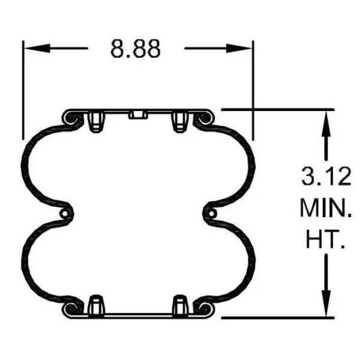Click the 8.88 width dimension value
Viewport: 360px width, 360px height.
coord(135,48)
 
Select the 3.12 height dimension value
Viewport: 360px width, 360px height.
coord(325,178)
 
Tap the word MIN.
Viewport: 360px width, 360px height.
coord(325,210)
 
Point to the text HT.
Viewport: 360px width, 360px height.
coord(325,242)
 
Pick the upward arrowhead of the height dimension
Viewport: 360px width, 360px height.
coord(326,120)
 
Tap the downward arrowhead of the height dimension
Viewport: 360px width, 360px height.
coord(326,306)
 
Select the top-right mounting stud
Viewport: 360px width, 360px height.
coord(179,122)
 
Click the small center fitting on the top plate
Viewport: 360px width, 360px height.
coord(137,115)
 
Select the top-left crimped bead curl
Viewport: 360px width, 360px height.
coord(71,120)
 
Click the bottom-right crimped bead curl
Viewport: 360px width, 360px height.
coord(203,308)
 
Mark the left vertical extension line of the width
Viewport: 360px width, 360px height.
coord(23,90)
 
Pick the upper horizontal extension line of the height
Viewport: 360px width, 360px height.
coord(276,110)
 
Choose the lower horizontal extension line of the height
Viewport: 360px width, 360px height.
coord(276,317)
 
